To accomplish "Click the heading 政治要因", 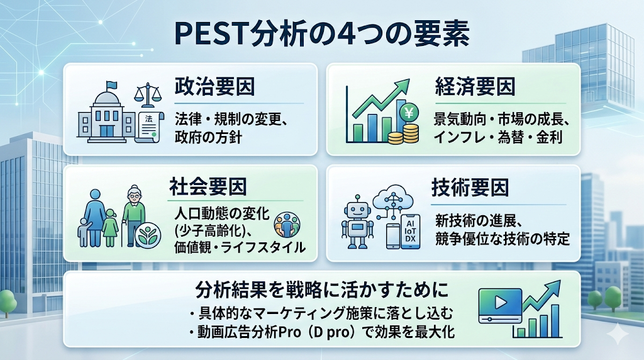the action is point(214,87).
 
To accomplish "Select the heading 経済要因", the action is point(475,87).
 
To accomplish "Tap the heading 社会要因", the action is point(208,186).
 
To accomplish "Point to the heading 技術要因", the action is point(470,188).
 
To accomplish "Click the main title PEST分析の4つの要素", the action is point(321,34).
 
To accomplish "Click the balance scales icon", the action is point(148,95).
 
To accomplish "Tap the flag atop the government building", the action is point(111,85).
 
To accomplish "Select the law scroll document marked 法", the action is point(149,127).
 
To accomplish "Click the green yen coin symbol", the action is point(409,112).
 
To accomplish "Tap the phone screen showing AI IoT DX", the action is point(411,231).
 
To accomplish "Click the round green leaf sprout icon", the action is point(147,236).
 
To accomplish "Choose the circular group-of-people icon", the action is point(287,225).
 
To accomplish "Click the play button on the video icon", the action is point(501,303).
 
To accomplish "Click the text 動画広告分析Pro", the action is point(249,332).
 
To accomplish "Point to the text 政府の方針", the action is point(208,137).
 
